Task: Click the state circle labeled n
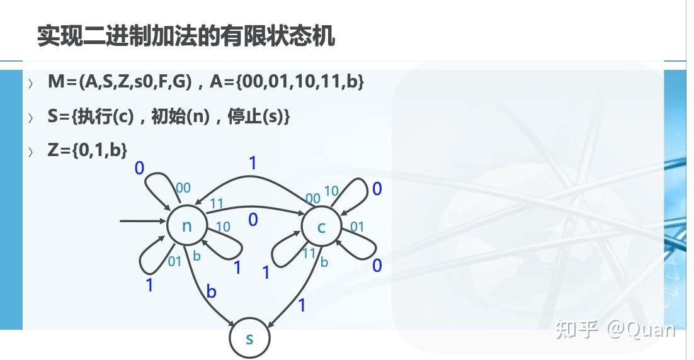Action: click(187, 225)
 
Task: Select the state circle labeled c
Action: click(321, 227)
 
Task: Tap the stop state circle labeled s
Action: click(249, 338)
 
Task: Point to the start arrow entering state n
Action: click(142, 221)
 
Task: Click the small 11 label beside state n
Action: click(216, 203)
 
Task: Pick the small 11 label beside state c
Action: click(309, 253)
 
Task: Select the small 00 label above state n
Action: click(183, 188)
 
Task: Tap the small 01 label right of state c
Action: click(357, 227)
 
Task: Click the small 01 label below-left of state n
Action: click(174, 261)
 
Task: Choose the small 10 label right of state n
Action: click(223, 227)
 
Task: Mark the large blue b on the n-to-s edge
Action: click(212, 291)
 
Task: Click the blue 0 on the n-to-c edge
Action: click(253, 220)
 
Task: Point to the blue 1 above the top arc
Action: click(253, 164)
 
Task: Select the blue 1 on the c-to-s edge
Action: click(302, 305)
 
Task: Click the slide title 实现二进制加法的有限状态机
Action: click(186, 36)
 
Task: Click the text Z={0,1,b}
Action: click(88, 150)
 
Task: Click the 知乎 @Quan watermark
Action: click(615, 329)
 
